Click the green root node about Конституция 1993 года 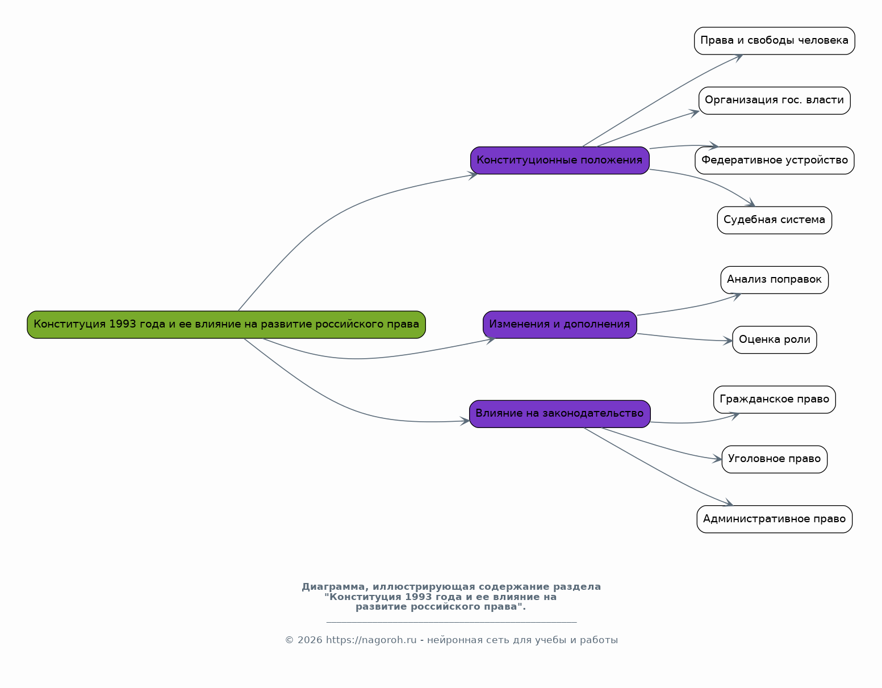click(x=226, y=325)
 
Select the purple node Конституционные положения click(x=559, y=160)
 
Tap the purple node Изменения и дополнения click(x=559, y=325)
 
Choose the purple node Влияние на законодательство click(x=559, y=414)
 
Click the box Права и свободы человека click(x=774, y=41)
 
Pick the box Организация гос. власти click(x=774, y=100)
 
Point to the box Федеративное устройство click(x=774, y=160)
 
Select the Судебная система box click(x=774, y=220)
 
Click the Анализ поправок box click(x=774, y=280)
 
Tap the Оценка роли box click(x=774, y=340)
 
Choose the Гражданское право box click(x=774, y=400)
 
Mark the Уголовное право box click(x=774, y=459)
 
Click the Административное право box click(x=774, y=519)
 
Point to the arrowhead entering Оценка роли click(x=728, y=341)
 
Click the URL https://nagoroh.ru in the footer click(x=371, y=640)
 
